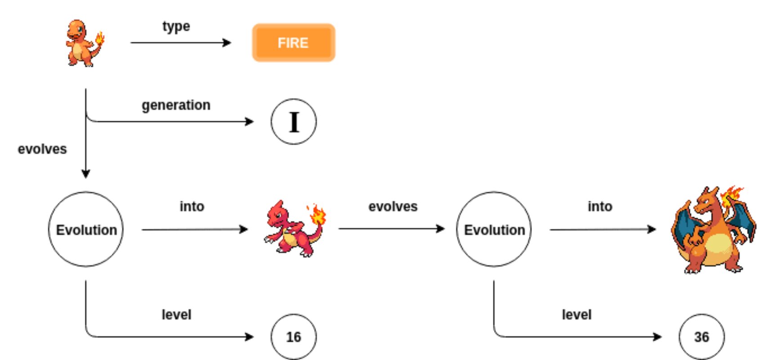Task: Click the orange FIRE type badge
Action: tap(294, 43)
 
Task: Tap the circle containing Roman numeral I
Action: tap(294, 121)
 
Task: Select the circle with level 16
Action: tap(294, 337)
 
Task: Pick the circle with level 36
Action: tap(702, 337)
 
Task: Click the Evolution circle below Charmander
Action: tap(86, 229)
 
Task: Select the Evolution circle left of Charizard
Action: tap(494, 229)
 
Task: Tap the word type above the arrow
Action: tap(176, 27)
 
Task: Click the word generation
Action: tap(176, 105)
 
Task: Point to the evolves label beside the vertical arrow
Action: tap(42, 149)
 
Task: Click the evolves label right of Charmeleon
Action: tap(393, 207)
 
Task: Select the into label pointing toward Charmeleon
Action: tap(192, 207)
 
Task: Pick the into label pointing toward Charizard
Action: tap(600, 207)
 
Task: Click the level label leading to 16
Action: tap(176, 315)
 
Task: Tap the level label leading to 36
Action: tap(577, 315)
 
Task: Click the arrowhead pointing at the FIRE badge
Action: tap(228, 43)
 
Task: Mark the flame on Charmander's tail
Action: tap(99, 38)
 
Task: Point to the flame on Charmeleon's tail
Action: tap(318, 214)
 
